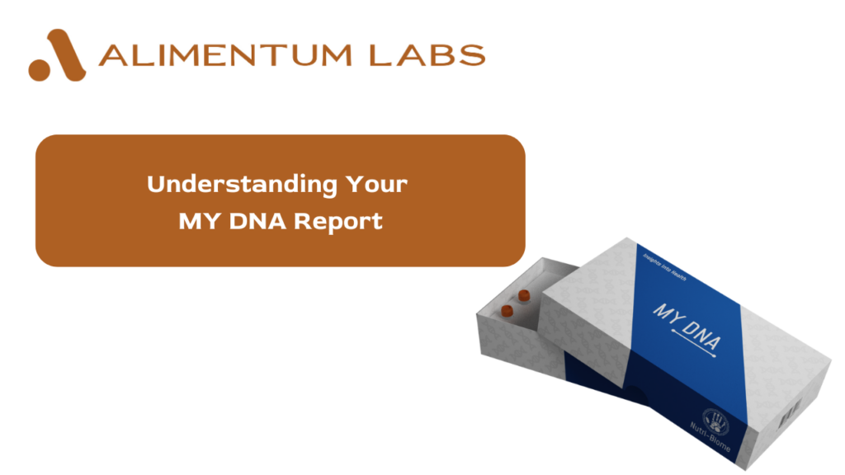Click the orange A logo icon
[x=57, y=55]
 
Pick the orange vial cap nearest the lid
[x=522, y=294]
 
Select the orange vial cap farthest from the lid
[x=507, y=309]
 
